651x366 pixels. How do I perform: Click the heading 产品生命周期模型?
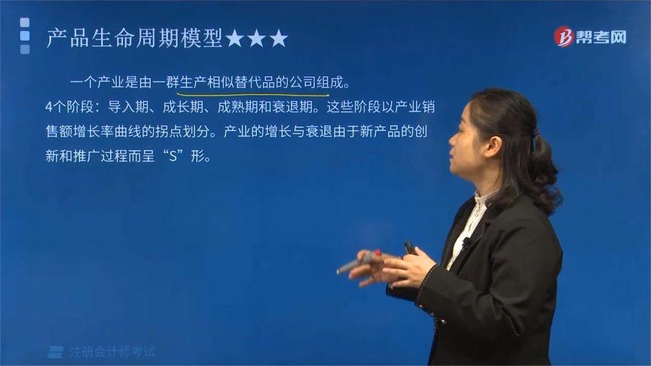[135, 38]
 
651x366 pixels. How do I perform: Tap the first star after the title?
[235, 38]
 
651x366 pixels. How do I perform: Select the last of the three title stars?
[279, 38]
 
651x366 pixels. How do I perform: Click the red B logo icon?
[563, 37]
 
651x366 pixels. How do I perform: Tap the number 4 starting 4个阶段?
[49, 106]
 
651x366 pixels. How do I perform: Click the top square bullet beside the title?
[25, 23]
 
